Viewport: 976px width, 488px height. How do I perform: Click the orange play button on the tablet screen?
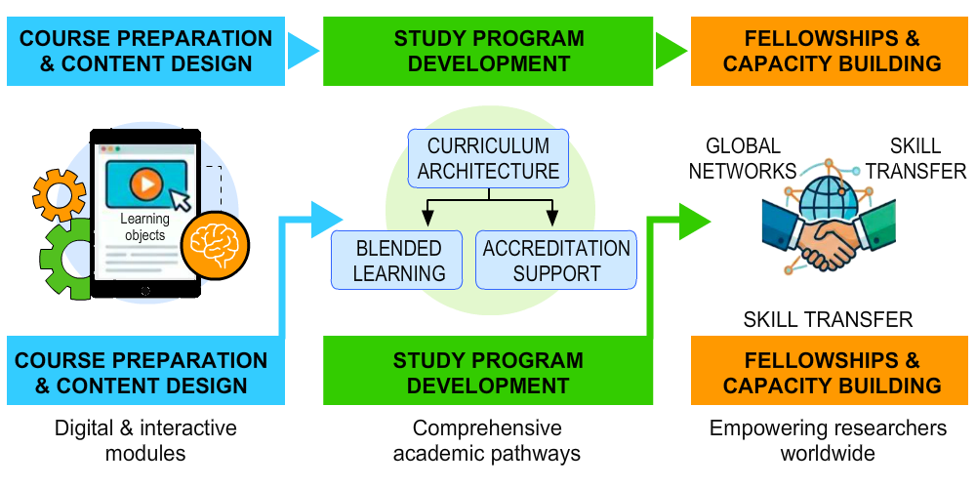coord(146,183)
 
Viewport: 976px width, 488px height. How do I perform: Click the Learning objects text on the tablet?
coord(144,227)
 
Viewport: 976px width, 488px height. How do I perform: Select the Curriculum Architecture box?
coord(488,159)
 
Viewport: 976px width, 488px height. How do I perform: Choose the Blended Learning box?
coord(399,261)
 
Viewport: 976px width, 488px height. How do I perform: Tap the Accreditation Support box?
coord(556,261)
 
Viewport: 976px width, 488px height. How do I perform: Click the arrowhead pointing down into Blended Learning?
coord(426,218)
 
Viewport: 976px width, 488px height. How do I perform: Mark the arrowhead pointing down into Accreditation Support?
coord(551,218)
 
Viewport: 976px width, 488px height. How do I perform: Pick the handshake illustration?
coord(830,239)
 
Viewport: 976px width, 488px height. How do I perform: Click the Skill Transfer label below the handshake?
coord(828,319)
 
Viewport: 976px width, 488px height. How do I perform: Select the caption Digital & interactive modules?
coord(145,440)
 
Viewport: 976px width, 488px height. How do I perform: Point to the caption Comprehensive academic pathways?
coord(487,440)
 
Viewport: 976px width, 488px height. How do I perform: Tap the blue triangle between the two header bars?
coord(304,49)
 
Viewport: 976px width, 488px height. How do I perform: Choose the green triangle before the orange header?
coord(671,49)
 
